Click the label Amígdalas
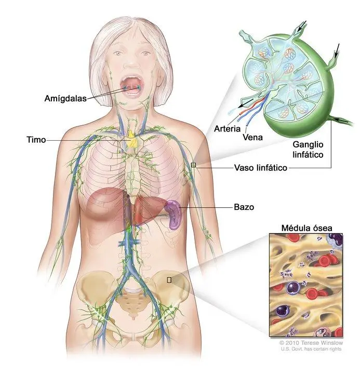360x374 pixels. click(x=65, y=98)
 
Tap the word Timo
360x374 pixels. click(x=36, y=140)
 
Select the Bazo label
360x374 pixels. click(x=244, y=207)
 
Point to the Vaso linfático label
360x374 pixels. click(x=260, y=168)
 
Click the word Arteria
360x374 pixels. click(x=227, y=129)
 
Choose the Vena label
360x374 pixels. click(x=252, y=137)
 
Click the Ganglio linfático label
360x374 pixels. click(x=308, y=150)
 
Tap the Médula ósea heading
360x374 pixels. click(x=306, y=228)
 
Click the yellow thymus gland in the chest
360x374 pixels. click(x=132, y=139)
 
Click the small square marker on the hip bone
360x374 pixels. click(x=169, y=280)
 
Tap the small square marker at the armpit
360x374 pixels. click(x=193, y=165)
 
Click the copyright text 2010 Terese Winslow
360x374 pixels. click(x=311, y=343)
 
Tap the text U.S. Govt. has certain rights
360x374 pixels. click(x=311, y=349)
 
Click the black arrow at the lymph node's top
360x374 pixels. click(x=301, y=25)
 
